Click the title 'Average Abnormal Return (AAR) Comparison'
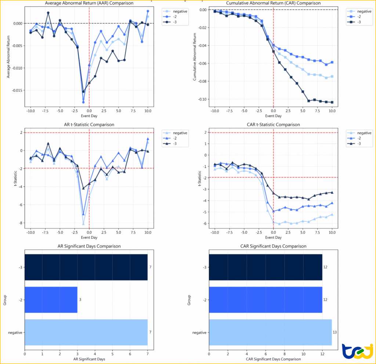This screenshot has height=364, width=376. coord(89,3)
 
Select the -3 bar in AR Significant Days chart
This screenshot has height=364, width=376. coord(86,267)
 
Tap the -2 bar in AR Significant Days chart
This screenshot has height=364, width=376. coord(51,300)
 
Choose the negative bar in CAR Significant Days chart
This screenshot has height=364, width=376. coord(270,332)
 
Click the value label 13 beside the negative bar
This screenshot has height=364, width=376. coord(335,332)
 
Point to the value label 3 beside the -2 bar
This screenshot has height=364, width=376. coord(80,300)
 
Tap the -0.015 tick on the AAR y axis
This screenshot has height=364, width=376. coord(17,90)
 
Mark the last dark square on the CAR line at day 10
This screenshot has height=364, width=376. coord(332,102)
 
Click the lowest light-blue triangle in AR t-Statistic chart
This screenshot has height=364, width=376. coord(83,223)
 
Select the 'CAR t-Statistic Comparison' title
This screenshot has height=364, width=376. coord(273,125)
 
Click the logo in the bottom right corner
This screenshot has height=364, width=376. coord(357,352)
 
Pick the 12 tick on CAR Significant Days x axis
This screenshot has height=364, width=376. coord(322,354)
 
